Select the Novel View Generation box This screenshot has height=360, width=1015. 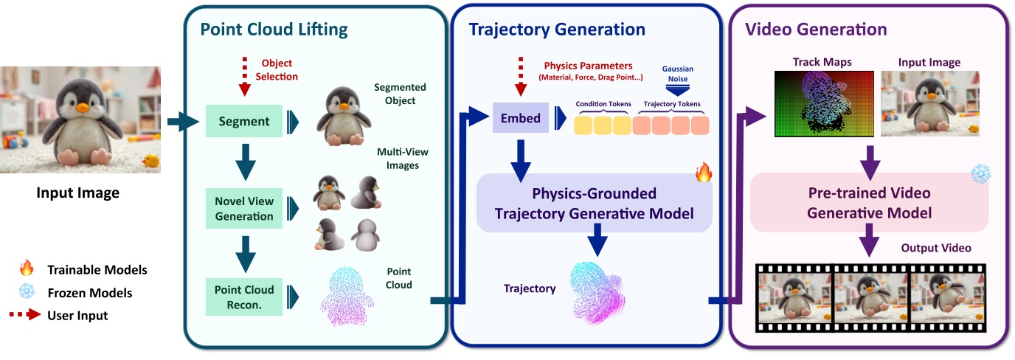[x=244, y=209]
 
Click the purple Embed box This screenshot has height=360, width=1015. [x=520, y=117]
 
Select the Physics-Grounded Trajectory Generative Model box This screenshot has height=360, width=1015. [x=595, y=203]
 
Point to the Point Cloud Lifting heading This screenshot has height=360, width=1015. [x=274, y=30]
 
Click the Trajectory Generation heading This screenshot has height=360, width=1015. [x=557, y=30]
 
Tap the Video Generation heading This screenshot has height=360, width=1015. [x=816, y=30]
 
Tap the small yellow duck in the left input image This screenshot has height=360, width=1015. [x=150, y=160]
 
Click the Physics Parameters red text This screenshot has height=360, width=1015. [x=588, y=66]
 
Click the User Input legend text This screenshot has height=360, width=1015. [x=77, y=316]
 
